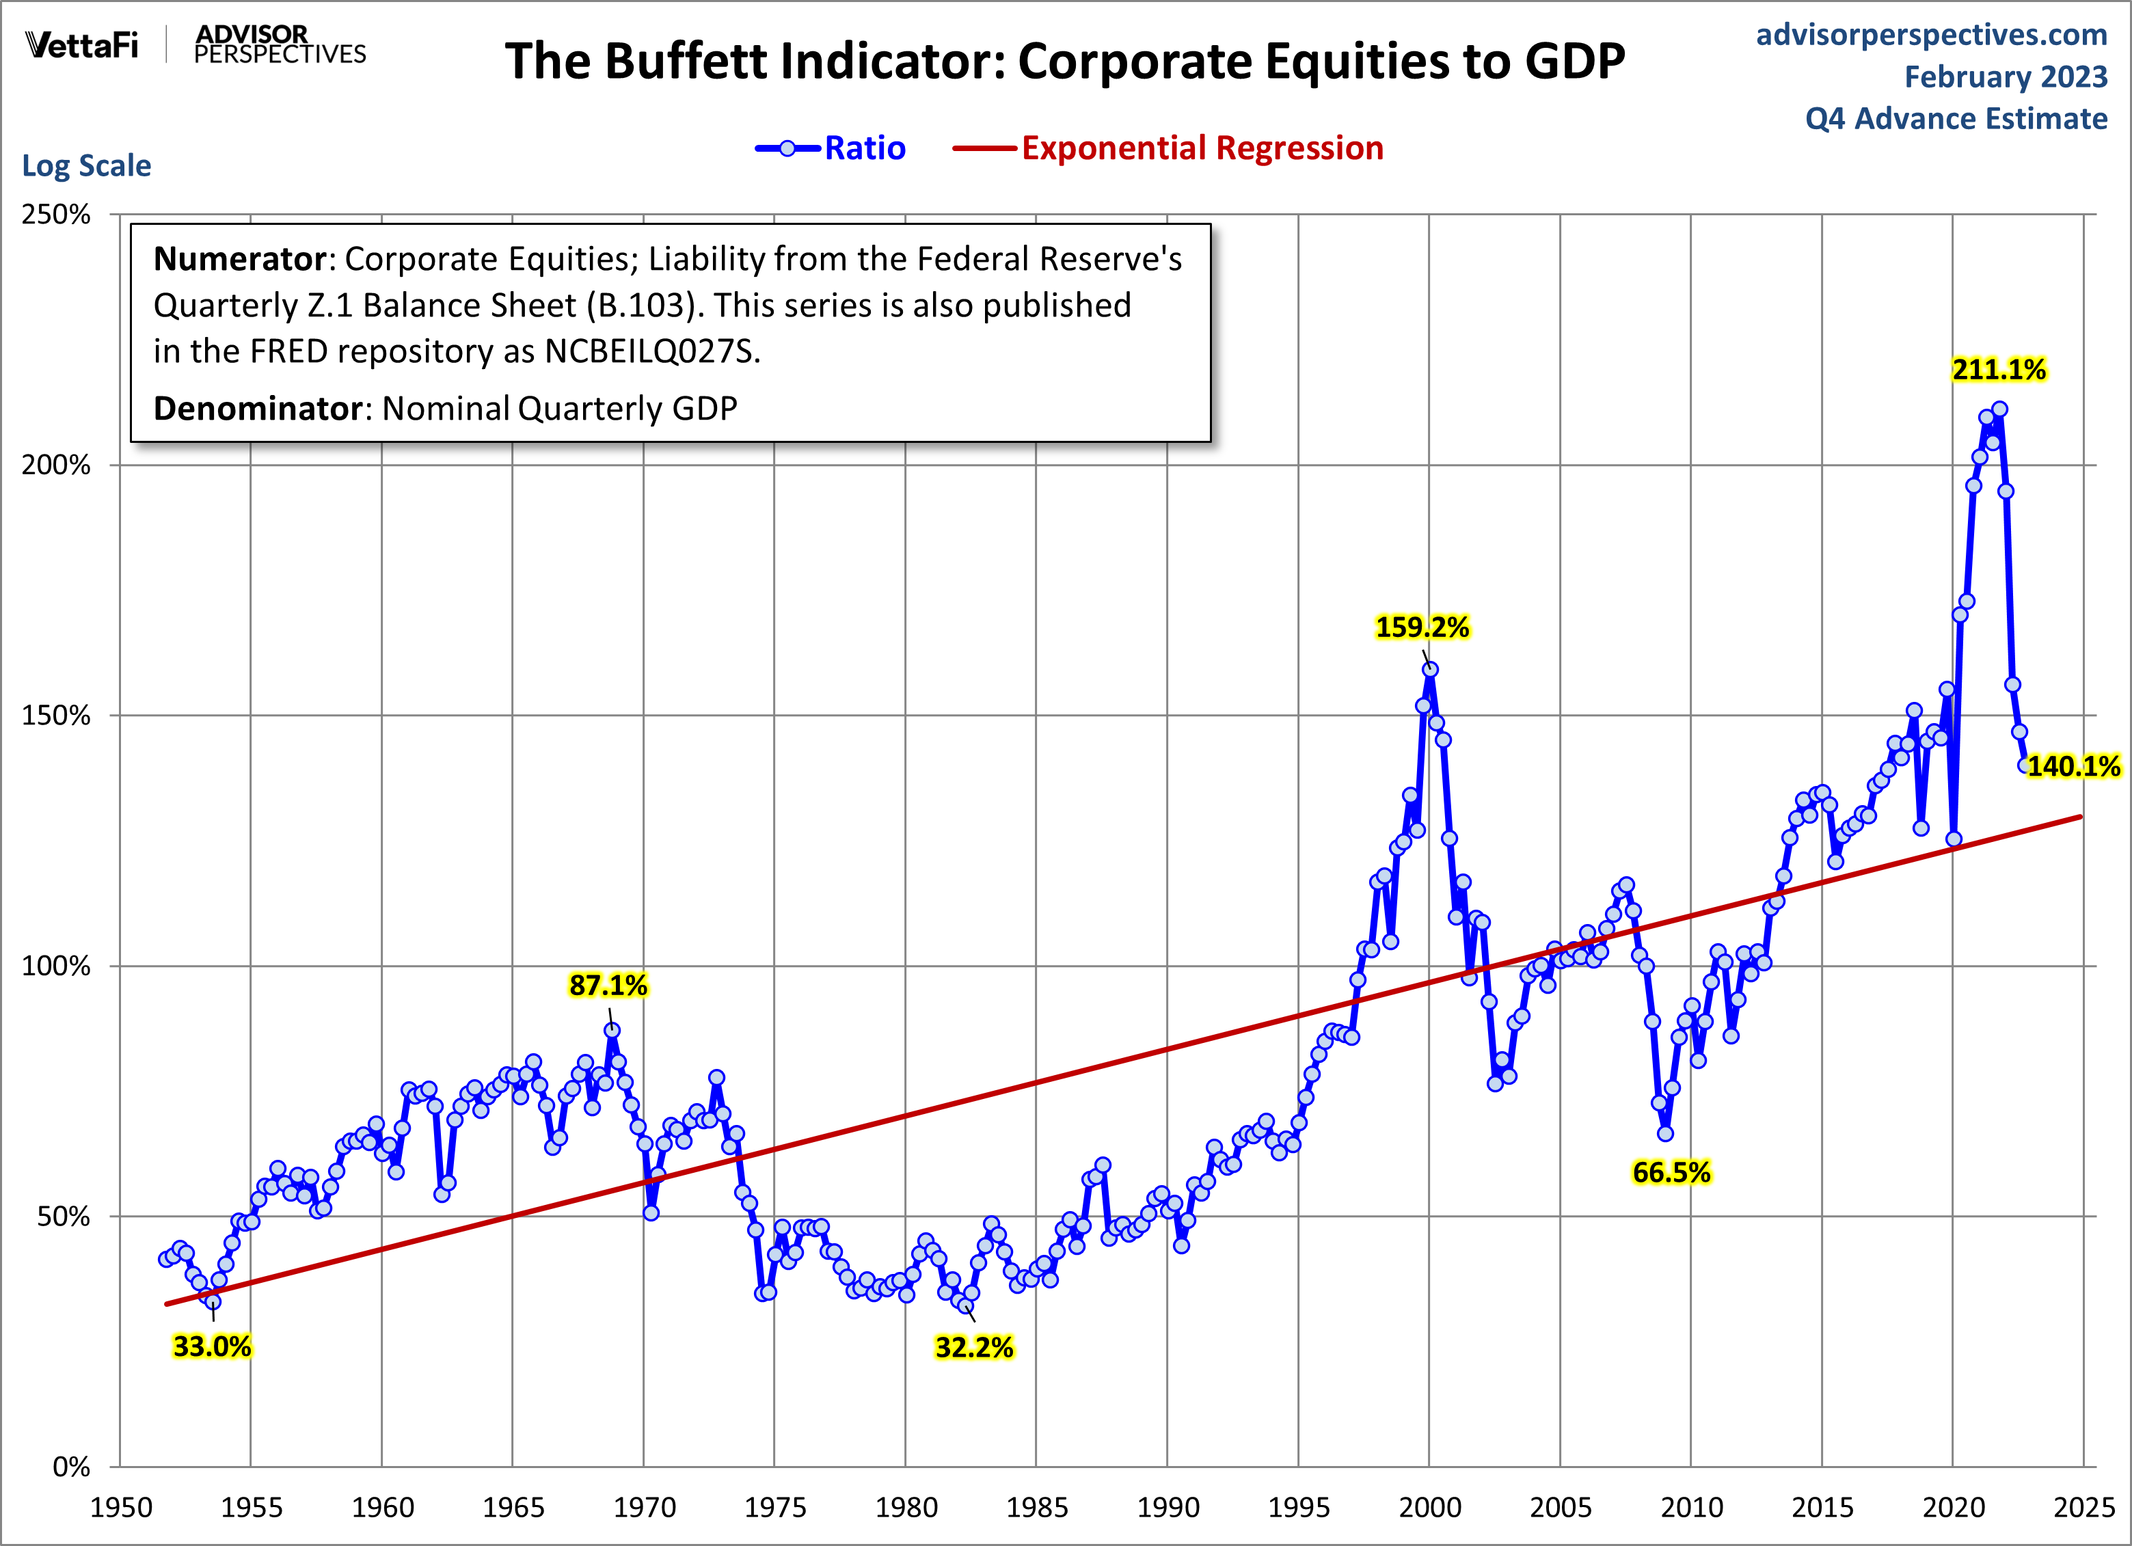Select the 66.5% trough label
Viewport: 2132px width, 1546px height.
[1671, 1172]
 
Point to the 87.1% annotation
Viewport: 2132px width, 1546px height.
[608, 985]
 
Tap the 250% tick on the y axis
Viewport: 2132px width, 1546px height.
[57, 215]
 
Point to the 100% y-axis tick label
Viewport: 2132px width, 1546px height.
[57, 966]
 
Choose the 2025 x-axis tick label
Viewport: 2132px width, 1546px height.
[2083, 1508]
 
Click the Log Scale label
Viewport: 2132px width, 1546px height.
[87, 165]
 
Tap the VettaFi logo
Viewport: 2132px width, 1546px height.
[82, 44]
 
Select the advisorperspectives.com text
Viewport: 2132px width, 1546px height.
[1931, 34]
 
